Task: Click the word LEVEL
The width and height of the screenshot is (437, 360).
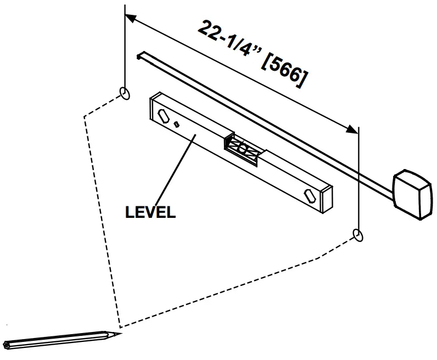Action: (150, 212)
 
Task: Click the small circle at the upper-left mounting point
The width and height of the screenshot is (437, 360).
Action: (125, 93)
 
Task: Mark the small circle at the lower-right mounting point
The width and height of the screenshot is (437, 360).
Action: (358, 235)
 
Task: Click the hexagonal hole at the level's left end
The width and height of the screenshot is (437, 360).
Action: (164, 115)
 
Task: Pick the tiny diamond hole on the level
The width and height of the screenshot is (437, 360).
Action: (177, 124)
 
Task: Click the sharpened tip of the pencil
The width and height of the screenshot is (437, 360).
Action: (118, 333)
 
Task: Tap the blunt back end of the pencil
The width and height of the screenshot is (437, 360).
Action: (7, 345)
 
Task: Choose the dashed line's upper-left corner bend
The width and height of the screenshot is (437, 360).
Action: (83, 115)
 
